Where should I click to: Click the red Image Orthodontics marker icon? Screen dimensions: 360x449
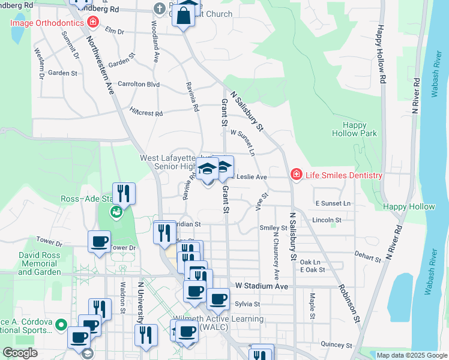tap(92, 23)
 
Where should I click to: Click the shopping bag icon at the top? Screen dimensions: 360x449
tap(184, 14)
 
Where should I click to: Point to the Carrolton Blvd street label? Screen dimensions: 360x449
tap(139, 85)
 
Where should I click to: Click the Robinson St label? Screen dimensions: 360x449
tap(348, 304)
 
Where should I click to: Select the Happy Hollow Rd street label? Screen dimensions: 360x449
tap(381, 53)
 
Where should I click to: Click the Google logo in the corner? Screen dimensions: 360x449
tap(20, 353)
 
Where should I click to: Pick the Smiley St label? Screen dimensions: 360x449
tap(273, 228)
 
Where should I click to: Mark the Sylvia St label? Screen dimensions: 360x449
tap(247, 304)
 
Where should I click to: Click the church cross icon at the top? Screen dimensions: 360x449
tap(159, 9)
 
